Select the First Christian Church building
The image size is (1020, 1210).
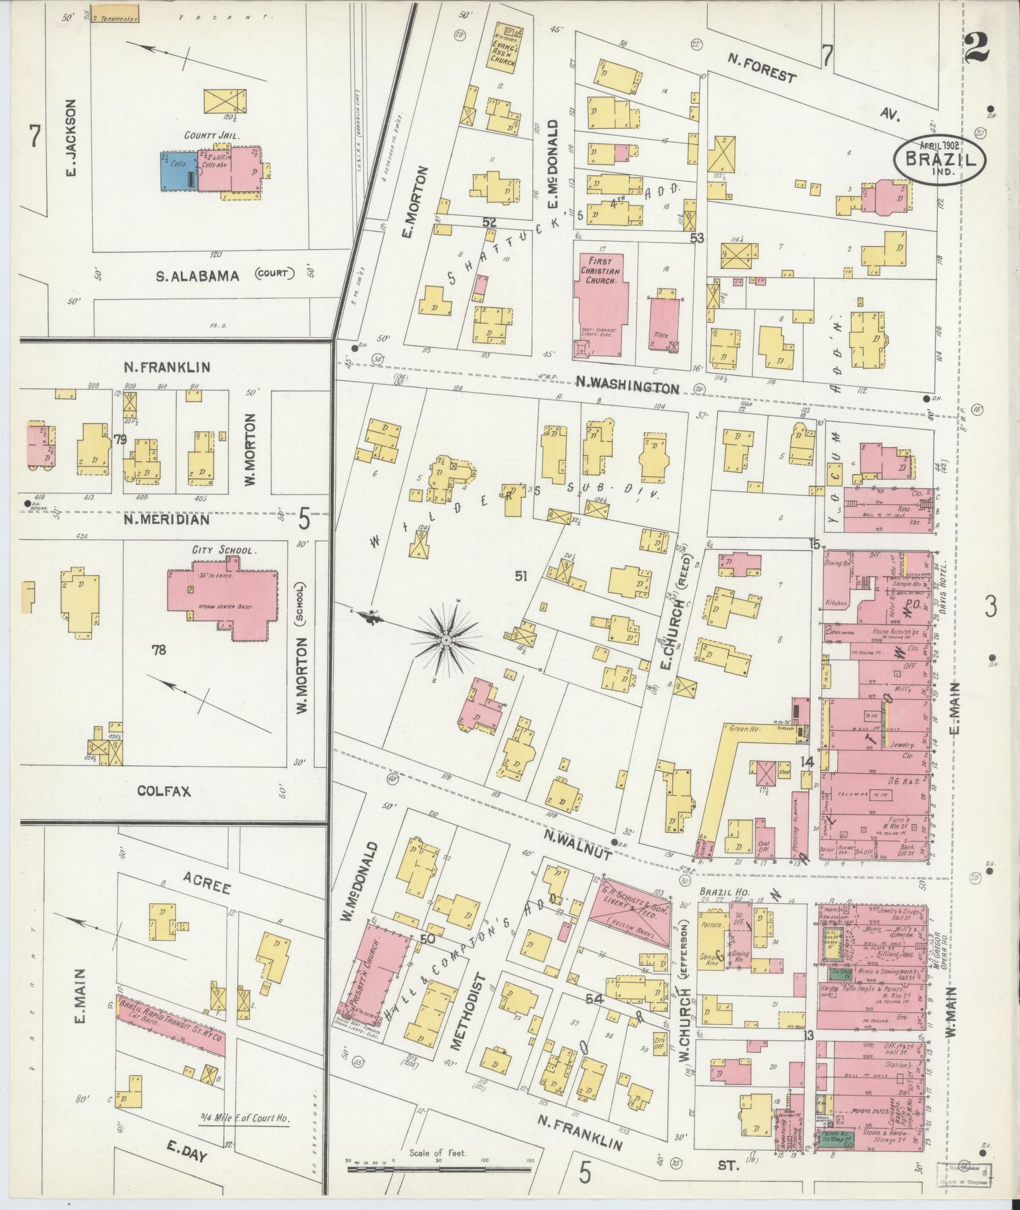click(x=598, y=304)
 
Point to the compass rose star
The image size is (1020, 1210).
click(x=446, y=641)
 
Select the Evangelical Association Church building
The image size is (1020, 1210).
click(x=504, y=46)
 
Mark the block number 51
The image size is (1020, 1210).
click(x=521, y=576)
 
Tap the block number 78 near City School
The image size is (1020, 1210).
click(x=158, y=649)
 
